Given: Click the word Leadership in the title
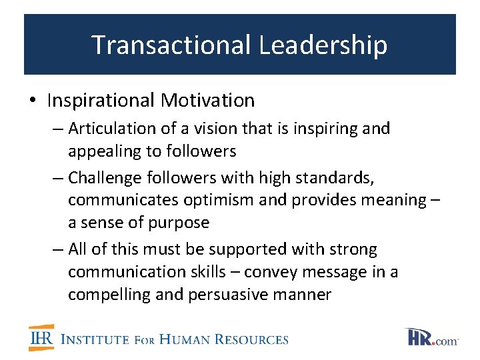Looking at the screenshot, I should click(323, 45).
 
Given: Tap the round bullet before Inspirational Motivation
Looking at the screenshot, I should click(33, 101).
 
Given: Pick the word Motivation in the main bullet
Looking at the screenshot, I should click(207, 101).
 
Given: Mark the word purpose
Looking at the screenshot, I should click(179, 223).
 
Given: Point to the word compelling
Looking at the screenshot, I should click(109, 295).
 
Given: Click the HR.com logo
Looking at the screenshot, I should click(431, 337).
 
